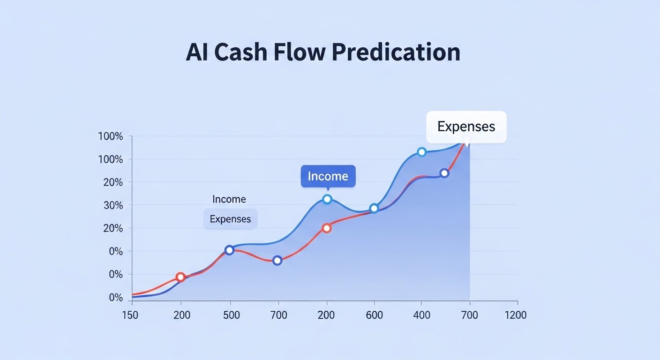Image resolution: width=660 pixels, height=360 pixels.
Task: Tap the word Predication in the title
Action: pos(396,52)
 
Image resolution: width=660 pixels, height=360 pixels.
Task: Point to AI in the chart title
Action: pos(196,52)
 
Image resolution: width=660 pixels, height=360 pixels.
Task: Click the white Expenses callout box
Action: pos(466,127)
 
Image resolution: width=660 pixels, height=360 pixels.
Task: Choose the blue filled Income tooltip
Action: pos(328,176)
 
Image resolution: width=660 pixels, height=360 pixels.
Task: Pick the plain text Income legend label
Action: pos(229,199)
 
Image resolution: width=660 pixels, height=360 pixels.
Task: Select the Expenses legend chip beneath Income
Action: pos(230,219)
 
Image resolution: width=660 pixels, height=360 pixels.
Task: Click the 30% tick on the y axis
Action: pos(110,205)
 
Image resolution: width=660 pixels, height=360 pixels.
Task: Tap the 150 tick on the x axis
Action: pos(130,315)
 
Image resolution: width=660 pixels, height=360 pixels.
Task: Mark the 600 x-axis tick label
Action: pos(374,315)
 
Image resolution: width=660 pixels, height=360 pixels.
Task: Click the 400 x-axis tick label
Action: pos(421,315)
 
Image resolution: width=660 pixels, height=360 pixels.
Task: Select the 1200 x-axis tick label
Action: pos(515,315)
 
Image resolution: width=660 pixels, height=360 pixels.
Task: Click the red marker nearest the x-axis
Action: pos(180,277)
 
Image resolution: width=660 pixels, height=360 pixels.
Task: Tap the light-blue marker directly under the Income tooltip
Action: pos(327,199)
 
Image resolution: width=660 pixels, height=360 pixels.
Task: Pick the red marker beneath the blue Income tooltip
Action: pos(327,228)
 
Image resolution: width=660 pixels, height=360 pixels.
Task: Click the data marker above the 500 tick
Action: pos(229,250)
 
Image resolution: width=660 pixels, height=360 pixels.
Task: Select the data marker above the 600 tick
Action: pos(374,209)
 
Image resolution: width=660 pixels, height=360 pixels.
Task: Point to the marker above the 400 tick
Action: pos(421,152)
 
